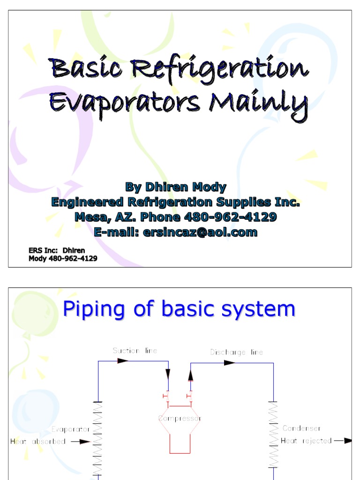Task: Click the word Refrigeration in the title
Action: pyautogui.click(x=220, y=69)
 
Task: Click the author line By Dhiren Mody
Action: pyautogui.click(x=175, y=187)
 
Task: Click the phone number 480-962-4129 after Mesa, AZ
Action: pyautogui.click(x=228, y=217)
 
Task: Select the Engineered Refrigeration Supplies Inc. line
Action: pyautogui.click(x=175, y=202)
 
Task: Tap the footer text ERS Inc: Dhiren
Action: pyautogui.click(x=57, y=250)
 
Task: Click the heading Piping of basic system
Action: pyautogui.click(x=179, y=309)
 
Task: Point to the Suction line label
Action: pyautogui.click(x=135, y=351)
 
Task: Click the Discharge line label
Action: pyautogui.click(x=236, y=352)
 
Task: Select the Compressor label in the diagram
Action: pyautogui.click(x=180, y=418)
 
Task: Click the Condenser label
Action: pyautogui.click(x=301, y=428)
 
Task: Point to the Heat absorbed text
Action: pyautogui.click(x=38, y=441)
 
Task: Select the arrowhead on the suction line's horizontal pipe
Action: pyautogui.click(x=123, y=360)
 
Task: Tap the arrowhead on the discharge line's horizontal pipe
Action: pyautogui.click(x=229, y=362)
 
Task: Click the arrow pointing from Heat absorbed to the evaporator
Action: pyautogui.click(x=80, y=441)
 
